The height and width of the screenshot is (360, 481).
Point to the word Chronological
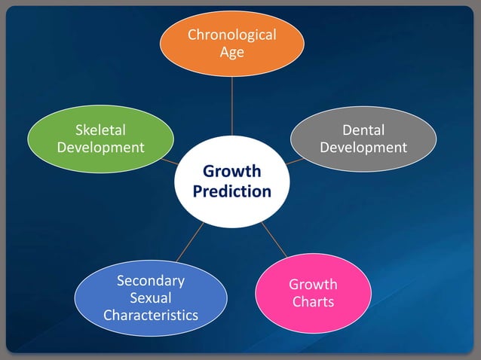[231, 35]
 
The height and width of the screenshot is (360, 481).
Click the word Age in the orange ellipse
[231, 52]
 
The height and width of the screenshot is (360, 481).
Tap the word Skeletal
[100, 130]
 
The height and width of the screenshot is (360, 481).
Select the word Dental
[363, 130]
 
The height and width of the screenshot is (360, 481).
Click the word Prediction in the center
[231, 191]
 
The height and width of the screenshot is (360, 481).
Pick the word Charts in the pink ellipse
[314, 302]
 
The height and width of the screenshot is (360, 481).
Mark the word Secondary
[151, 281]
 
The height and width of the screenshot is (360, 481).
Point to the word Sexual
[151, 297]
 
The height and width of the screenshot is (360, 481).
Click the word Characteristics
[151, 314]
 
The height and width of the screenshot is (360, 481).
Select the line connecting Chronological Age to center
[231, 105]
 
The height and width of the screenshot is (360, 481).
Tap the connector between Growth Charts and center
[274, 239]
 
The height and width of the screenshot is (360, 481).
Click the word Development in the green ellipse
[100, 147]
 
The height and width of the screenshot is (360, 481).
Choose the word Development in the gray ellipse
[363, 147]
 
